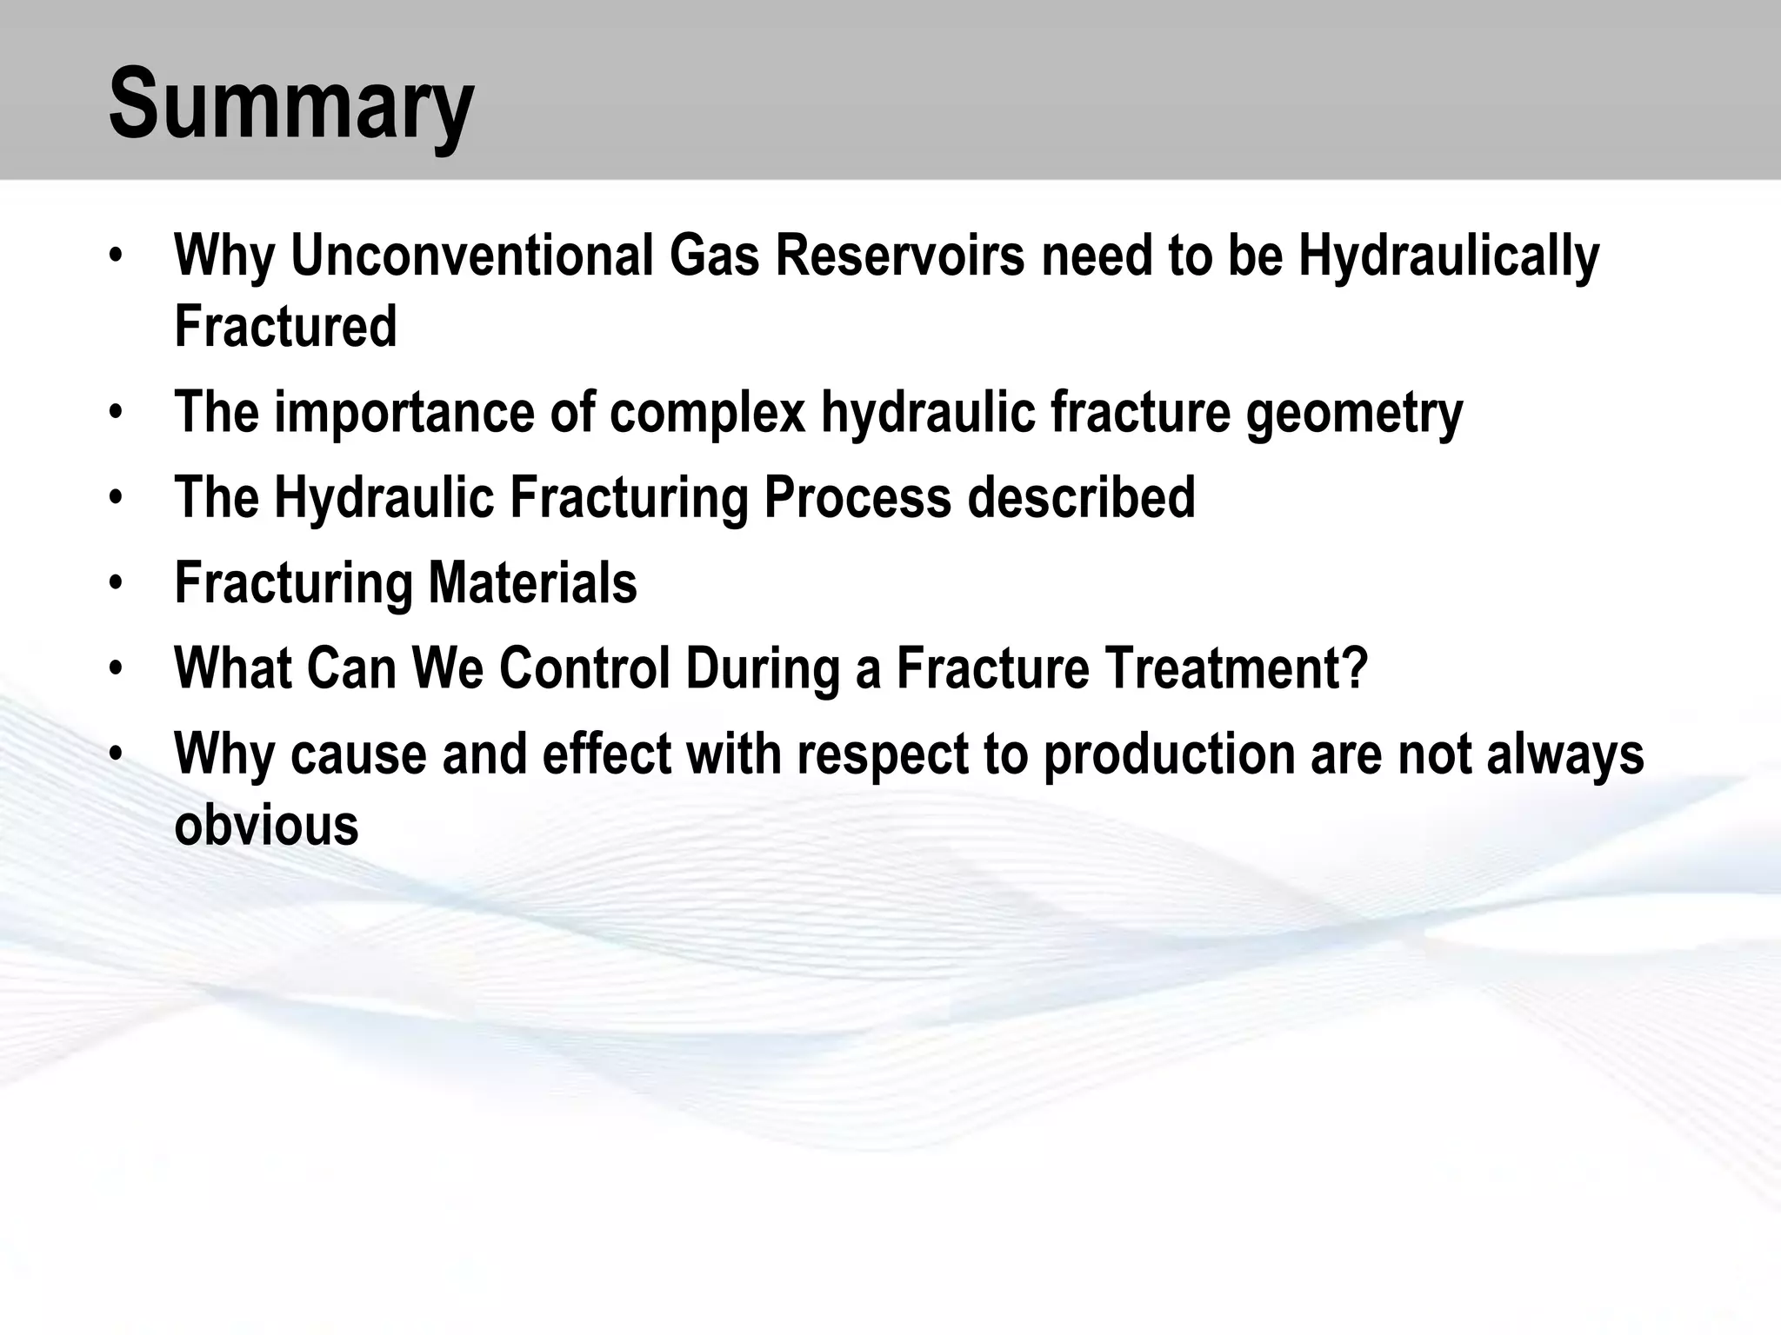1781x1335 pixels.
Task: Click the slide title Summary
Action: point(291,106)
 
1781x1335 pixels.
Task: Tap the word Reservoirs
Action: point(899,256)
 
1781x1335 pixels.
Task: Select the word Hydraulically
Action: point(1449,256)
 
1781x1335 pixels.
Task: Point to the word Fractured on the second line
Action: point(285,327)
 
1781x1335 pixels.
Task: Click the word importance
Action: point(404,412)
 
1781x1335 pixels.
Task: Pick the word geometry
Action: point(1354,412)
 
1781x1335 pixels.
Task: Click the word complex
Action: point(708,412)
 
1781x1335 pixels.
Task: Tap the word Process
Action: point(857,497)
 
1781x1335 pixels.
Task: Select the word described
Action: point(1081,497)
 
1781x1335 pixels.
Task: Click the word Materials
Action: point(532,582)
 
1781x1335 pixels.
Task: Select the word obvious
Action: point(266,824)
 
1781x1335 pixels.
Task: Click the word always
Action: point(1565,753)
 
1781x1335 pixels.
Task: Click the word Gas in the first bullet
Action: point(714,256)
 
